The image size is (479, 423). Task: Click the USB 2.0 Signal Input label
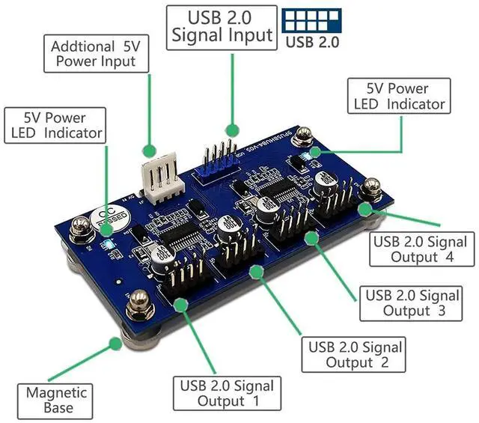222,26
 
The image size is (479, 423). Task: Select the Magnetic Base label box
56,400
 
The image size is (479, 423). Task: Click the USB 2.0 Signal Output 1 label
227,394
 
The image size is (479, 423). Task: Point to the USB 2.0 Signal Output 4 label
424,249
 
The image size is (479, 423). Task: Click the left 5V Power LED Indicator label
55,126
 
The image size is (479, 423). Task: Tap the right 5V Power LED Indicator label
397,97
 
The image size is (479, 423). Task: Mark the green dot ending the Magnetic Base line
115,344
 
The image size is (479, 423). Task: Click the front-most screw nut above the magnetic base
140,305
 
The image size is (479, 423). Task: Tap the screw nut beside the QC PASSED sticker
78,226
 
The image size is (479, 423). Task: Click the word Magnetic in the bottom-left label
56,392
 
